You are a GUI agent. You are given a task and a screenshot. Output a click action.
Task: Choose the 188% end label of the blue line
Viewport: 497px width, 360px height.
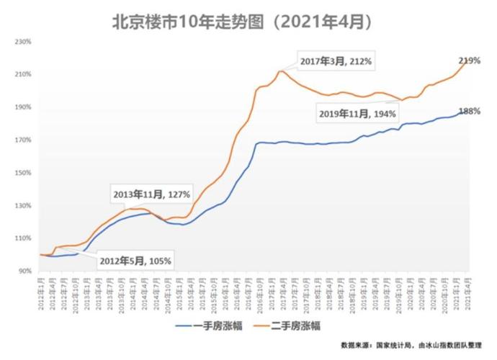pos(469,112)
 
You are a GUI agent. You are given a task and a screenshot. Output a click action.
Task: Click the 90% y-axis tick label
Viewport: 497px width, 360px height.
pos(23,271)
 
